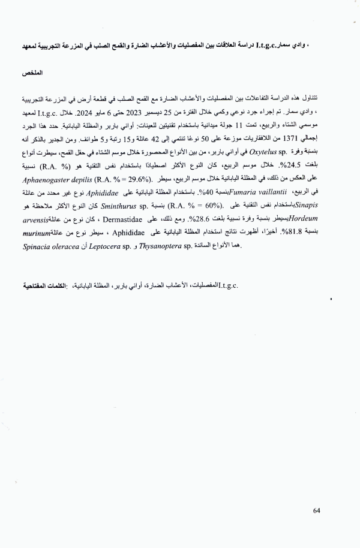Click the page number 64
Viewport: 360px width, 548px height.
coord(317,510)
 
